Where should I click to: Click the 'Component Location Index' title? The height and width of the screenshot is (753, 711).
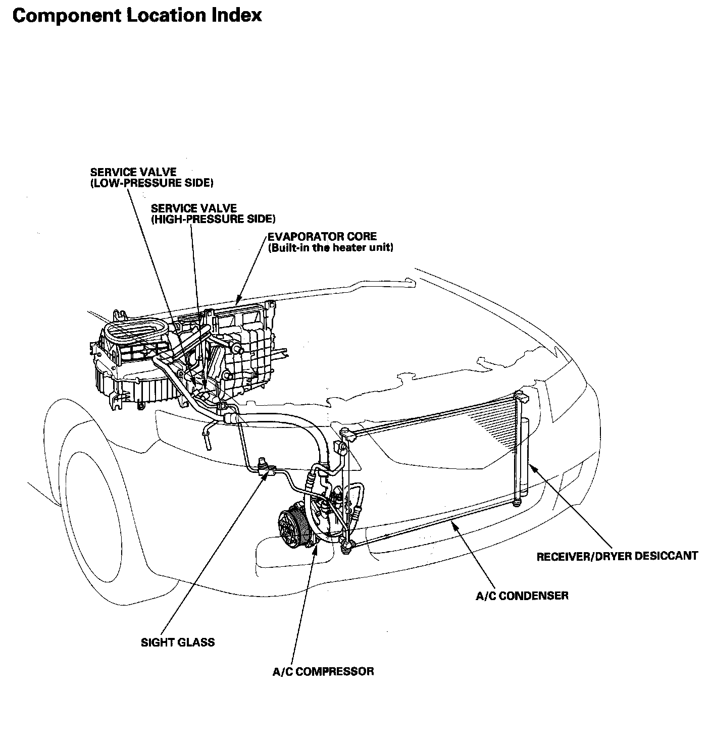(137, 15)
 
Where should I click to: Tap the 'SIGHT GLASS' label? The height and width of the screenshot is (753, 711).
(178, 642)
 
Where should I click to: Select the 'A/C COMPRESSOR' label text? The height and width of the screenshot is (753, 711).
(323, 671)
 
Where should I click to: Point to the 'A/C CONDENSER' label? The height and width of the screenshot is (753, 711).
(522, 596)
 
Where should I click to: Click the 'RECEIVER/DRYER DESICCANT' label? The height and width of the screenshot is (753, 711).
(617, 556)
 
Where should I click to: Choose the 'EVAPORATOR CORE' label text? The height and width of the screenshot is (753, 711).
(322, 236)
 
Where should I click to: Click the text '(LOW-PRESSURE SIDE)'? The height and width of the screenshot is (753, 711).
(151, 183)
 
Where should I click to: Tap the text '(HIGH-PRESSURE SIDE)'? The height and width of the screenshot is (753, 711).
(213, 219)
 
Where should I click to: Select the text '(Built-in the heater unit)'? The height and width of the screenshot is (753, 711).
(331, 248)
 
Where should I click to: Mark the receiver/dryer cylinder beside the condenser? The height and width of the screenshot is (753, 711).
(524, 454)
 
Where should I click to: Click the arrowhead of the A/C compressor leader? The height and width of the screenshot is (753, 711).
(316, 548)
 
